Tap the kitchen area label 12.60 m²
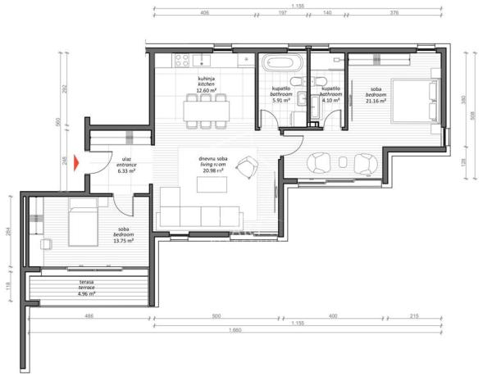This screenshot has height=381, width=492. coord(207,90)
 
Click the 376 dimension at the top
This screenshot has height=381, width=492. coord(394,14)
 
